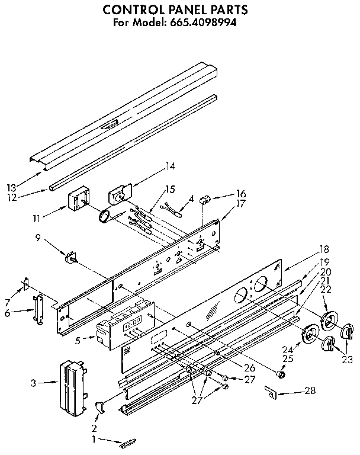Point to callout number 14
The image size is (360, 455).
pos(171,166)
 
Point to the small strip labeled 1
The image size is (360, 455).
pos(128,443)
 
